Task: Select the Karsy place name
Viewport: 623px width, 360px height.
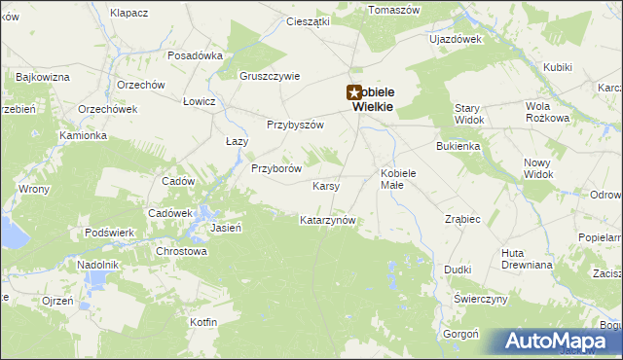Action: pyautogui.click(x=325, y=185)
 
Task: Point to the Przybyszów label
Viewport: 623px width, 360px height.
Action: pyautogui.click(x=295, y=124)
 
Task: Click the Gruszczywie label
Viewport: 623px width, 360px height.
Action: pyautogui.click(x=270, y=76)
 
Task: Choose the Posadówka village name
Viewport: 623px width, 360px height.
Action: pyautogui.click(x=196, y=55)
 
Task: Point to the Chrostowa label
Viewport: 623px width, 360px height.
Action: pyautogui.click(x=182, y=251)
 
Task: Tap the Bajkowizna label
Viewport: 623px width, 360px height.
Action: pyautogui.click(x=43, y=76)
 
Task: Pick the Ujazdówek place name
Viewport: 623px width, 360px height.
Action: pyautogui.click(x=457, y=40)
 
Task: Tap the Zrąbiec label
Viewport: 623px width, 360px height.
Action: pyautogui.click(x=462, y=219)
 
